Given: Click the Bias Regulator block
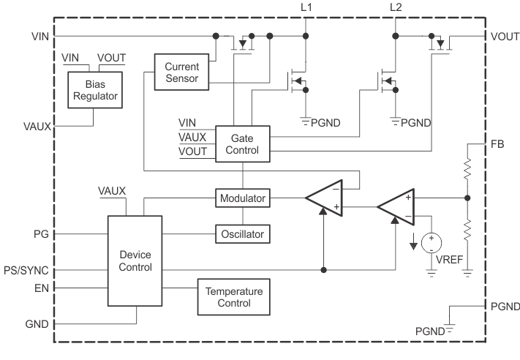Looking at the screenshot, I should [94, 90].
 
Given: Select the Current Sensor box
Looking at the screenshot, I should [182, 71].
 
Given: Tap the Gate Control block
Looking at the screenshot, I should [242, 143].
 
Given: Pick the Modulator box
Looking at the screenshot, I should [242, 198].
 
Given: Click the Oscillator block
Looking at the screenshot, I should [242, 234].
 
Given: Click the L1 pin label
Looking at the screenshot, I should [306, 7].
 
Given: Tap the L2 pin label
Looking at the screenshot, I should [396, 7].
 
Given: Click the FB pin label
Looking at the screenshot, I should [497, 144].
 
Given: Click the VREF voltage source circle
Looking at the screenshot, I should [431, 241].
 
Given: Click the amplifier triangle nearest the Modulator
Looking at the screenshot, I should [324, 198].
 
